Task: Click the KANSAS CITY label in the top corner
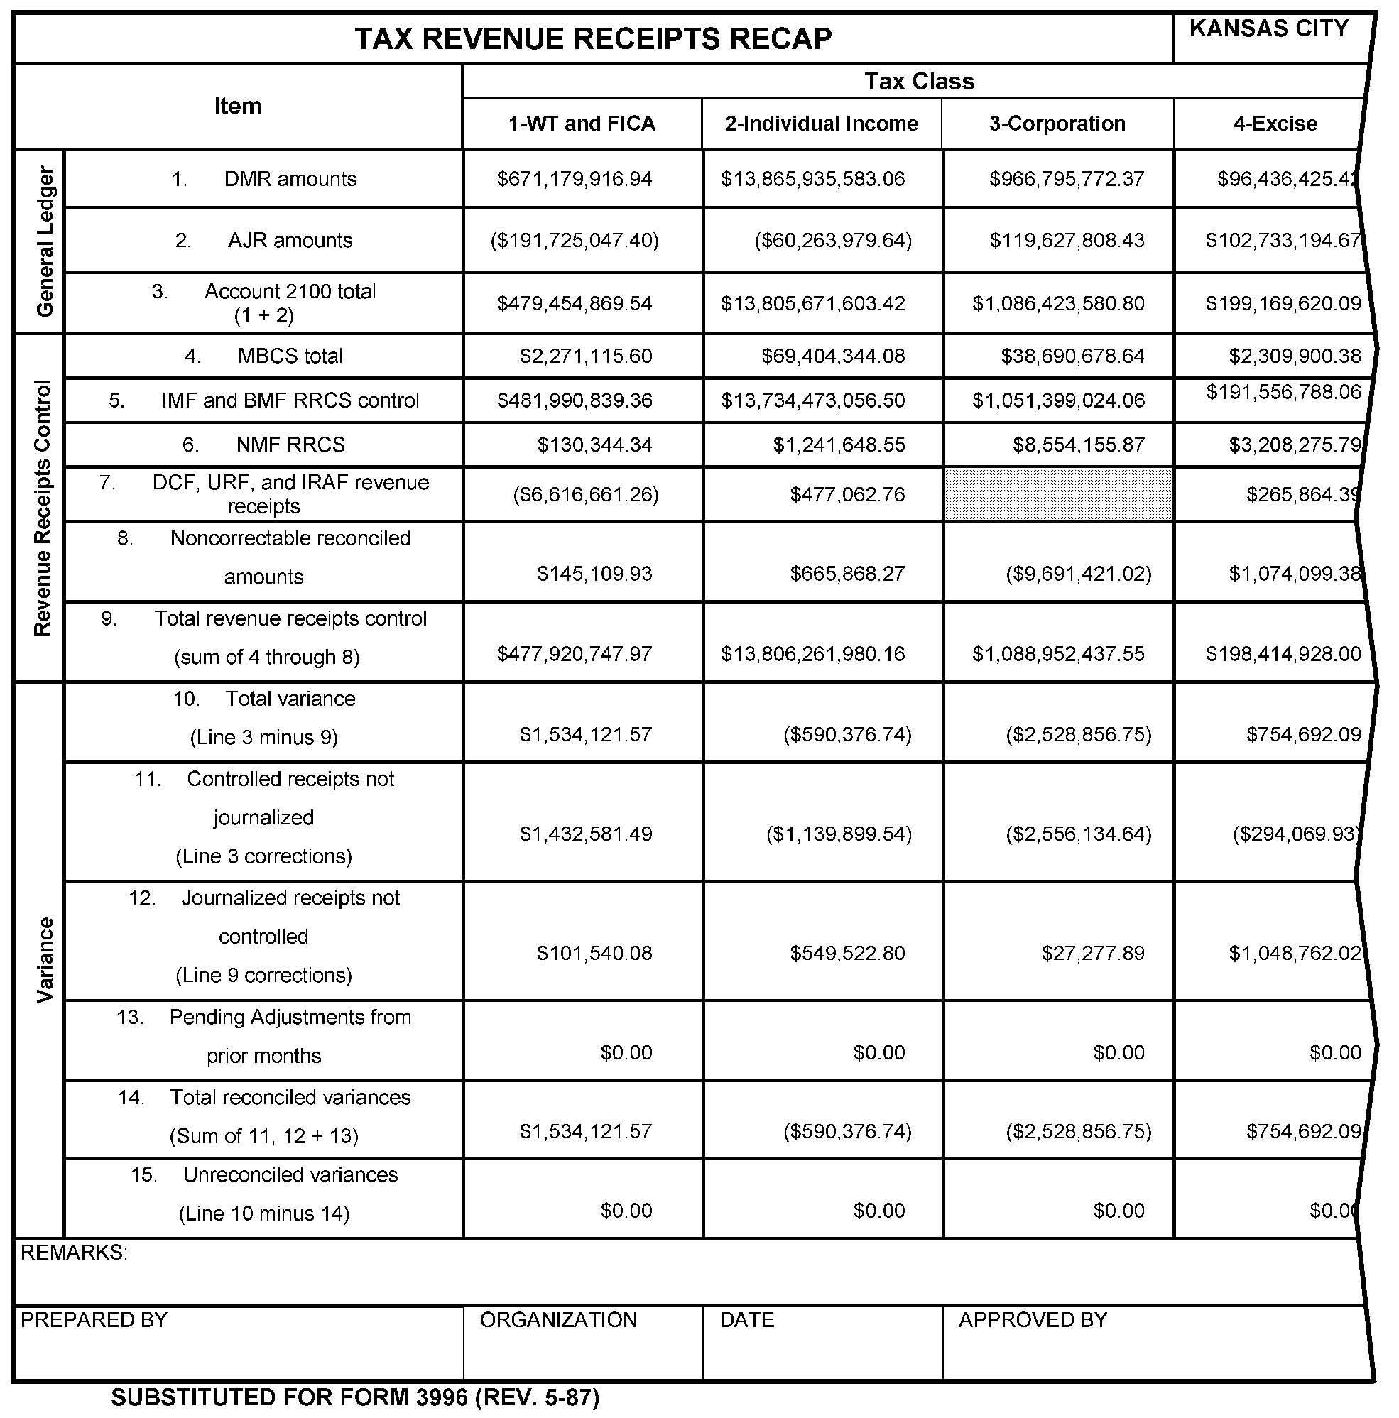pyautogui.click(x=1268, y=28)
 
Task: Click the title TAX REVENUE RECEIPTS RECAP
pyautogui.click(x=593, y=39)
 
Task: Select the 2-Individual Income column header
pyautogui.click(x=822, y=124)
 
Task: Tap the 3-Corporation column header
pyautogui.click(x=1057, y=124)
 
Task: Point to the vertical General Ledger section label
pyautogui.click(x=45, y=241)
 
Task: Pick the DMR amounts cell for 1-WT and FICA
pyautogui.click(x=574, y=179)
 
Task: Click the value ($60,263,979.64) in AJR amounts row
pyautogui.click(x=833, y=241)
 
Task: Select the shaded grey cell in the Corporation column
pyautogui.click(x=1057, y=495)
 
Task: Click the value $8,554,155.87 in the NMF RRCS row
pyautogui.click(x=1078, y=445)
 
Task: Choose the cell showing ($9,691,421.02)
pyautogui.click(x=1078, y=574)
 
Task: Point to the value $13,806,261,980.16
pyautogui.click(x=812, y=654)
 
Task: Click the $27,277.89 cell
pyautogui.click(x=1092, y=954)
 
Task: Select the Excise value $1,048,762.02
pyautogui.click(x=1295, y=954)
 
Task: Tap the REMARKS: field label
pyautogui.click(x=74, y=1253)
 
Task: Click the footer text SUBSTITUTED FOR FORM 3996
pyautogui.click(x=355, y=1397)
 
